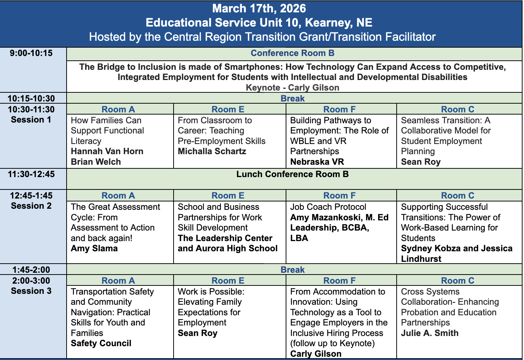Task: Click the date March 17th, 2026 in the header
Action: [x=259, y=9]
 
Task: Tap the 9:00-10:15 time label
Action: [x=31, y=53]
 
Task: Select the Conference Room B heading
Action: [x=292, y=53]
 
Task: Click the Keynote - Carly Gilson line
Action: [x=292, y=88]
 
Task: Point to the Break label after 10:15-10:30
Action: [x=292, y=99]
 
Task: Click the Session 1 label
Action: [x=31, y=120]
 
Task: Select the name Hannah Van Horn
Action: [x=107, y=151]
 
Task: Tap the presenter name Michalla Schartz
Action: [x=212, y=151]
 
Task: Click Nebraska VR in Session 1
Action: [x=317, y=162]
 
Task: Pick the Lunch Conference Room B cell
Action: [x=292, y=175]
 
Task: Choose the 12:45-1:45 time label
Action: [x=31, y=196]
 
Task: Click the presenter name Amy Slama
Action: [x=94, y=249]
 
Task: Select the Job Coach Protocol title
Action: [x=328, y=207]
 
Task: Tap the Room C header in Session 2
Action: [x=457, y=196]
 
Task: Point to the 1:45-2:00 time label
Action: [x=31, y=270]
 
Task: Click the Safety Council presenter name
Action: [x=101, y=343]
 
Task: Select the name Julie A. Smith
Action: [x=429, y=333]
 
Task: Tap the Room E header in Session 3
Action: [x=228, y=281]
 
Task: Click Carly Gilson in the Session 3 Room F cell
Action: [x=315, y=354]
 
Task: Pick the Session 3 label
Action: [x=31, y=291]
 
